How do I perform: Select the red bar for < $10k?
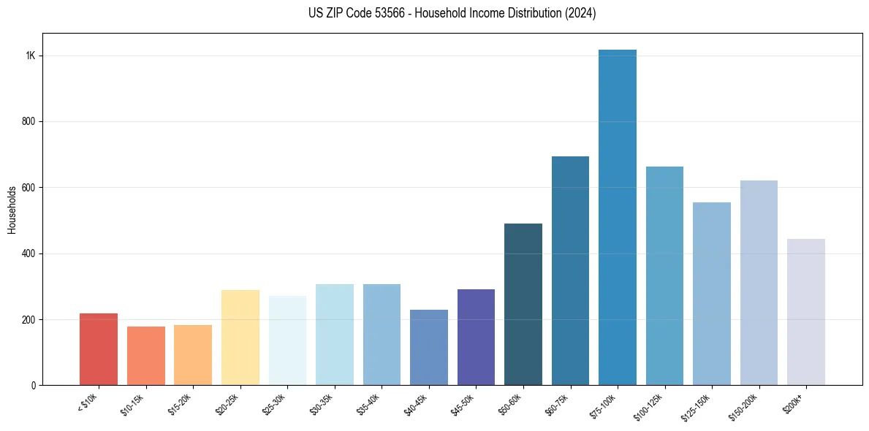(99, 349)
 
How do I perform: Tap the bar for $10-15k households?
(145, 356)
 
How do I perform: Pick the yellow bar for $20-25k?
(240, 337)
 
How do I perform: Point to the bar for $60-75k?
(570, 270)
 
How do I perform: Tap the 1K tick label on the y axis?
(31, 56)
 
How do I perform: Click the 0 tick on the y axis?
(34, 385)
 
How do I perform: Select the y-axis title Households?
(12, 210)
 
